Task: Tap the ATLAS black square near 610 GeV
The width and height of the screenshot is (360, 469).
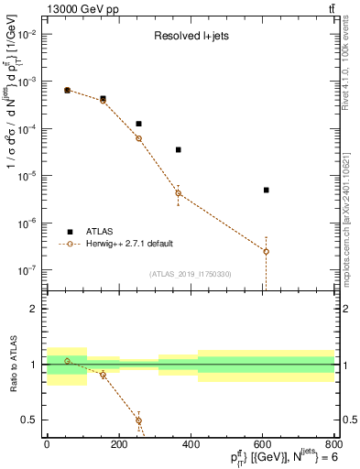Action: click(266, 190)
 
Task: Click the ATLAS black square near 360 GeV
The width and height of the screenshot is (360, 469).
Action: click(178, 149)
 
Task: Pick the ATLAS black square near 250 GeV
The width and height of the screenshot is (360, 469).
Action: click(138, 124)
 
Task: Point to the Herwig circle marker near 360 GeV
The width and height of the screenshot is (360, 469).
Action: click(178, 193)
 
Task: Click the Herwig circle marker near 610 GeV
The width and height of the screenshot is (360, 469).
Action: click(266, 251)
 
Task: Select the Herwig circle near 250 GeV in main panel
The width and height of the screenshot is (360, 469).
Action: click(138, 138)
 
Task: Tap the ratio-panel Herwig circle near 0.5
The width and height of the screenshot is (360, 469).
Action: click(138, 420)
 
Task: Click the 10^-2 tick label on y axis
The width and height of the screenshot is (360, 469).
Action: click(28, 34)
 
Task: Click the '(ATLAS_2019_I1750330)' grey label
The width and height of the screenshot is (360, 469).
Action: click(190, 274)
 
